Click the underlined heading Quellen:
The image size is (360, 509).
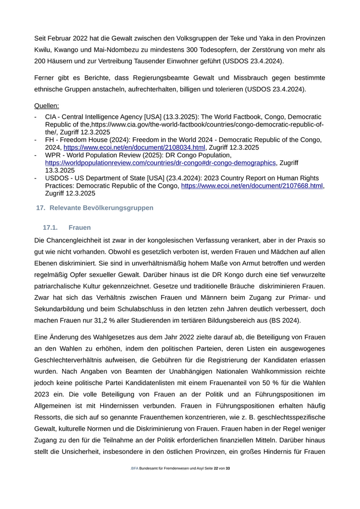click(x=47, y=106)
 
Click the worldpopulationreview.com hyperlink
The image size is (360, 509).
click(x=160, y=162)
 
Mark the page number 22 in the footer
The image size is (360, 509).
click(x=216, y=468)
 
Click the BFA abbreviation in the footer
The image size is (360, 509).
click(x=135, y=468)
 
